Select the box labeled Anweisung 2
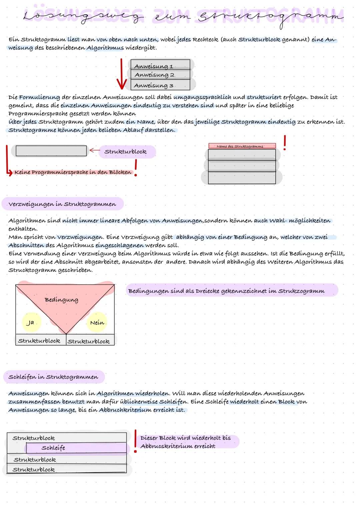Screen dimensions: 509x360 point(160,74)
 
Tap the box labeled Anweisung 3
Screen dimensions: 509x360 point(160,85)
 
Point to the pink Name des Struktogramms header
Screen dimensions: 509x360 point(242,146)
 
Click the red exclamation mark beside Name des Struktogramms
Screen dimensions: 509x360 point(284,143)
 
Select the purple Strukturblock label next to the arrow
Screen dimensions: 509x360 point(126,152)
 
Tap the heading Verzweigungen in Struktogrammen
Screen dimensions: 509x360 point(62,204)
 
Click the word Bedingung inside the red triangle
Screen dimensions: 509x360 point(61,300)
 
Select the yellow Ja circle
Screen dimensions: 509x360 point(31,322)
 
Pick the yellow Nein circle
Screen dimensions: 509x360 point(97,322)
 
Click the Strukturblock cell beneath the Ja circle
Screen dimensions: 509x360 point(40,340)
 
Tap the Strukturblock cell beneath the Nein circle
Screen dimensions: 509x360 point(89,341)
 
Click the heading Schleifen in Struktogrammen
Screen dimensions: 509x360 point(53,377)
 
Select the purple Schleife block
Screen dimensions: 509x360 point(76,448)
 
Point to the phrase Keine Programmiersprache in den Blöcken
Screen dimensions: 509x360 point(73,172)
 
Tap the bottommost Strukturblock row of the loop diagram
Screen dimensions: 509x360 point(67,469)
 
